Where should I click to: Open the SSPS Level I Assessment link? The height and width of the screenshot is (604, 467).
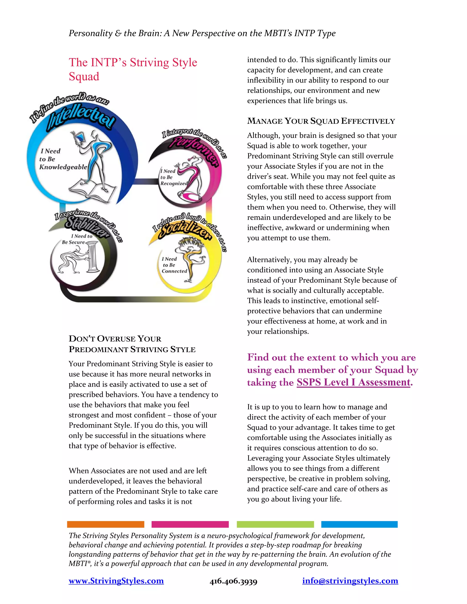pos(353,382)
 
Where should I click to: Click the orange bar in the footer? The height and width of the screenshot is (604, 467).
pos(105,524)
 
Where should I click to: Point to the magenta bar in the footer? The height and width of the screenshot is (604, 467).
pos(190,524)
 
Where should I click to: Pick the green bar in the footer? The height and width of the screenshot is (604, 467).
pos(275,524)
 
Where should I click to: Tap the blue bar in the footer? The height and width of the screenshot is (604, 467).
pos(359,524)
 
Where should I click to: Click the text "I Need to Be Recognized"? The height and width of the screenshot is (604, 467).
pos(174,177)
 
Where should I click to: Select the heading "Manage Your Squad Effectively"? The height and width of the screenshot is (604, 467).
pos(321,121)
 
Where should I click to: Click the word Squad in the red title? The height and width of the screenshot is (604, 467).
pos(84,77)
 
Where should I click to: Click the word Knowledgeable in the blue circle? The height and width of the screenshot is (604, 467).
pos(63,167)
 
